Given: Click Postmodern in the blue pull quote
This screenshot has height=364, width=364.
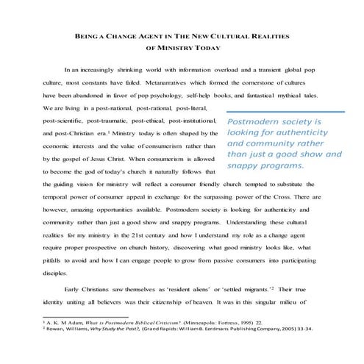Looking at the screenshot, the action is (x=254, y=121).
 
